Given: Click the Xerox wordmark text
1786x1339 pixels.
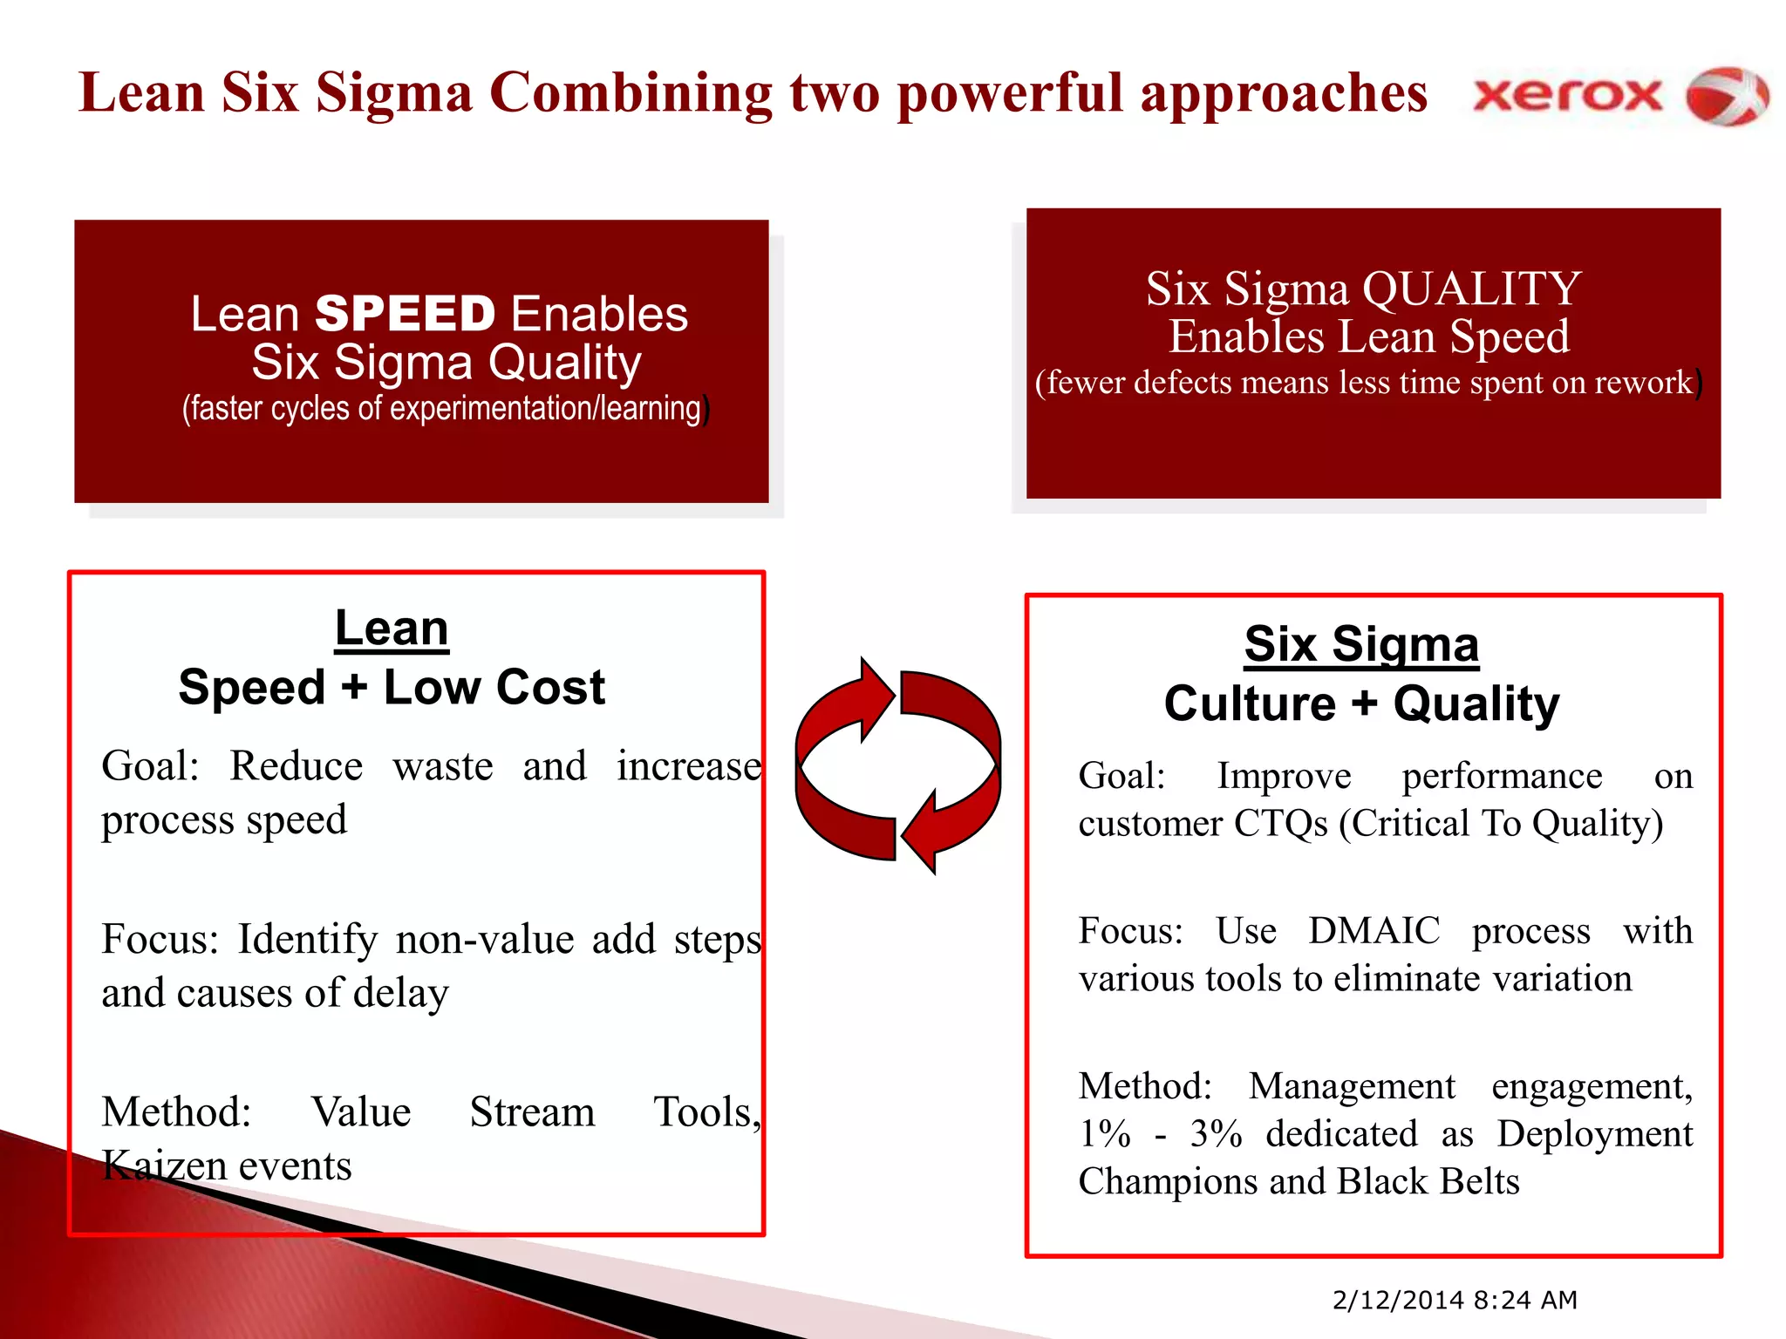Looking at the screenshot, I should pyautogui.click(x=1567, y=95).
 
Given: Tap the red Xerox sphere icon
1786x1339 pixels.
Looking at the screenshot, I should pyautogui.click(x=1727, y=96).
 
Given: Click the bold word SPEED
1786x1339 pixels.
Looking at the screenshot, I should pyautogui.click(x=405, y=314).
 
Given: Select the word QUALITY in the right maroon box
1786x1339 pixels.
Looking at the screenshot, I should pyautogui.click(x=1471, y=289).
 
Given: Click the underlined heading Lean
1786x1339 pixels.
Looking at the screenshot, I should pyautogui.click(x=392, y=629).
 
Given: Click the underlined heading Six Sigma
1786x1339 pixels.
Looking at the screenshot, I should pyautogui.click(x=1361, y=644).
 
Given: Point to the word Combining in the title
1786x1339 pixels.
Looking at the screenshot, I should pyautogui.click(x=631, y=92).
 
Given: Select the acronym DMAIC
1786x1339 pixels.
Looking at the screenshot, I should pyautogui.click(x=1374, y=931).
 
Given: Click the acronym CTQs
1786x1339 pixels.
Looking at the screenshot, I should pyautogui.click(x=1281, y=823).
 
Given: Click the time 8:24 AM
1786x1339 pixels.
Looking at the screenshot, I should pyautogui.click(x=1526, y=1300).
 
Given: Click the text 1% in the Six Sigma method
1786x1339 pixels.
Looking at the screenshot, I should pyautogui.click(x=1104, y=1134).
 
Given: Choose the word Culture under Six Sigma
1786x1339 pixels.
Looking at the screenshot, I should pyautogui.click(x=1249, y=703).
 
